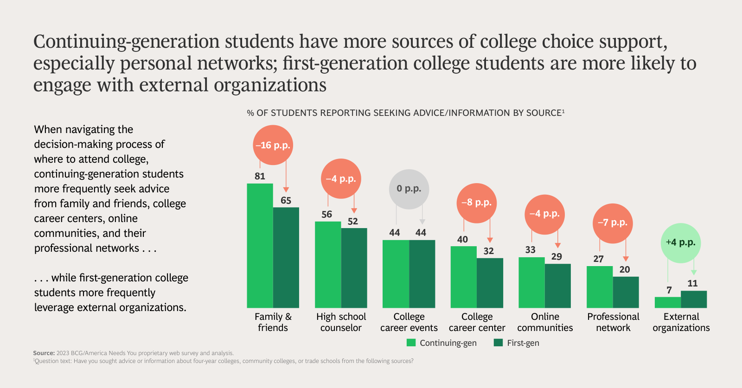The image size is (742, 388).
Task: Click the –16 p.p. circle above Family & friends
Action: pyautogui.click(x=273, y=145)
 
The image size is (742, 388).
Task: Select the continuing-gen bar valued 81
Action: pyautogui.click(x=260, y=246)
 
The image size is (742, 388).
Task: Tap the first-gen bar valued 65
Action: pyautogui.click(x=286, y=257)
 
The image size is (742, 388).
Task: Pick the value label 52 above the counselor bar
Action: pyautogui.click(x=353, y=222)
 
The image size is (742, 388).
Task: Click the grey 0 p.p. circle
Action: pyautogui.click(x=409, y=189)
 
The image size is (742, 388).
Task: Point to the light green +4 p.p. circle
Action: pyautogui.click(x=680, y=243)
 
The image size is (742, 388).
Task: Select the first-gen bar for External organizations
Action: pyautogui.click(x=694, y=299)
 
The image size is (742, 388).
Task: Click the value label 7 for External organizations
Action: pyautogui.click(x=669, y=290)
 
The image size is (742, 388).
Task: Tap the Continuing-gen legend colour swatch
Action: pyautogui.click(x=411, y=343)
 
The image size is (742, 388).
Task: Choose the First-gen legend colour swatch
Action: pyautogui.click(x=499, y=343)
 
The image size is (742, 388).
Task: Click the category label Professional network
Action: pyautogui.click(x=613, y=322)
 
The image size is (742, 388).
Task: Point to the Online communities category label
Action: pyautogui.click(x=545, y=322)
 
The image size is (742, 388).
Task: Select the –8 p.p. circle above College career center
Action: pyautogui.click(x=476, y=203)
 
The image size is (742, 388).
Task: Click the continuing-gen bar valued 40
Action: pyautogui.click(x=464, y=277)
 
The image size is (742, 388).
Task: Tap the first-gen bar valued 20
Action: pyautogui.click(x=626, y=292)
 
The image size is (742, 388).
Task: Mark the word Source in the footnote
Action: pyautogui.click(x=44, y=353)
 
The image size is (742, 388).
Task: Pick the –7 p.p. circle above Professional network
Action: pyautogui.click(x=612, y=223)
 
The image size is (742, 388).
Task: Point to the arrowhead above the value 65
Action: pyautogui.click(x=286, y=190)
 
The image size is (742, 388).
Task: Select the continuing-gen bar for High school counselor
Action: pyautogui.click(x=328, y=265)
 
